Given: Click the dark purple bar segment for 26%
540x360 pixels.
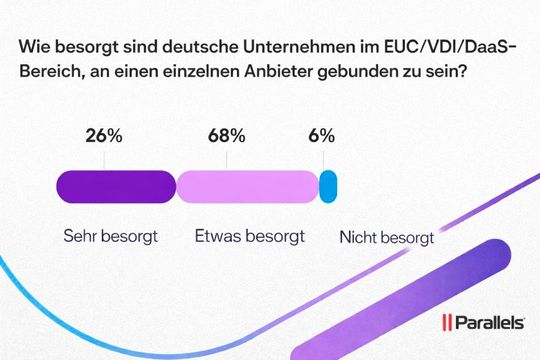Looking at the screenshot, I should coord(116,186).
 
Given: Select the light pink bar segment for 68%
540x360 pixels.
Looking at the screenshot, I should coord(246,186).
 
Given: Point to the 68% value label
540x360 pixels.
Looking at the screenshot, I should coord(225,137).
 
